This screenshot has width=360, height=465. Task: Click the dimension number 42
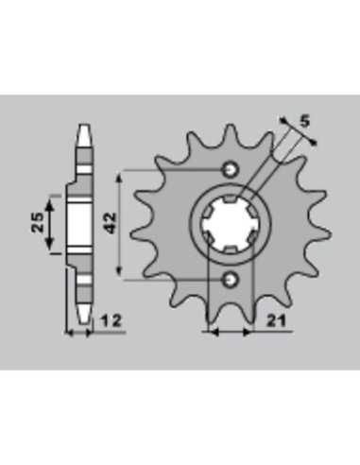(111, 223)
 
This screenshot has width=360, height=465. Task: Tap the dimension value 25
(38, 222)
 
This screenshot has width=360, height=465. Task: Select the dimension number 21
(277, 321)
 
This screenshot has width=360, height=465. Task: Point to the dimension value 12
(111, 321)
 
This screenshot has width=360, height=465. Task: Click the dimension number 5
(304, 121)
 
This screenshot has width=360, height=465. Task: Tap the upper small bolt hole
(231, 170)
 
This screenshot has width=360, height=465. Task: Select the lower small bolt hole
(231, 279)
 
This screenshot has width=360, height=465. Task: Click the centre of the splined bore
(231, 225)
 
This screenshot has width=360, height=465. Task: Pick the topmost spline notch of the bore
(231, 199)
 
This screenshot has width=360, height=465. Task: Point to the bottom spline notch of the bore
(231, 250)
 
